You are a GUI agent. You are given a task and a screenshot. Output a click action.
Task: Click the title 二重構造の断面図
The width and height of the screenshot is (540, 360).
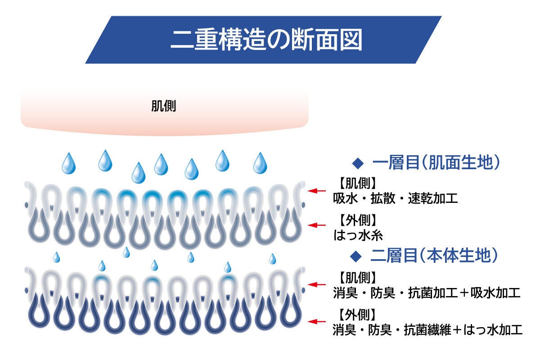266,40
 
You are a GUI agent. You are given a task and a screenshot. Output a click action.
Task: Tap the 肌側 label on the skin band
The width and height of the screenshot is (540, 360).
164,106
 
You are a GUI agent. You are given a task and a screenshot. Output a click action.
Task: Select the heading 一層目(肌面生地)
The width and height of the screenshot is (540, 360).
436,162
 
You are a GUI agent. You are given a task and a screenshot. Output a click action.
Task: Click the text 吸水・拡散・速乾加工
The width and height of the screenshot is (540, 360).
396,198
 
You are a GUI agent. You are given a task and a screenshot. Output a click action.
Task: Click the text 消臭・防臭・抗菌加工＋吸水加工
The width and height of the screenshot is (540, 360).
427,293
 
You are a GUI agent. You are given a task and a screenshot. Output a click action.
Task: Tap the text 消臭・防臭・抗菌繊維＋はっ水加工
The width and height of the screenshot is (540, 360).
427,330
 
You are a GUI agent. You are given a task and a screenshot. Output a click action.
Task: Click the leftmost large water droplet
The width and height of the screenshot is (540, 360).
69,163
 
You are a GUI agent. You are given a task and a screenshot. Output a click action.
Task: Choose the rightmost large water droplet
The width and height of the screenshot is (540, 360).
260,163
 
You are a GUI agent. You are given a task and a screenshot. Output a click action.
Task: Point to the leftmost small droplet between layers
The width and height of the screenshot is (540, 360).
56,257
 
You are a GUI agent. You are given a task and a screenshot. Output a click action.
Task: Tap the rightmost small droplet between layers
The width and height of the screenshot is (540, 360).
272,259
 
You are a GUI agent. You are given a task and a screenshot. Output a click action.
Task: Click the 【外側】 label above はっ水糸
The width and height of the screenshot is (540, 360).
357,220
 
